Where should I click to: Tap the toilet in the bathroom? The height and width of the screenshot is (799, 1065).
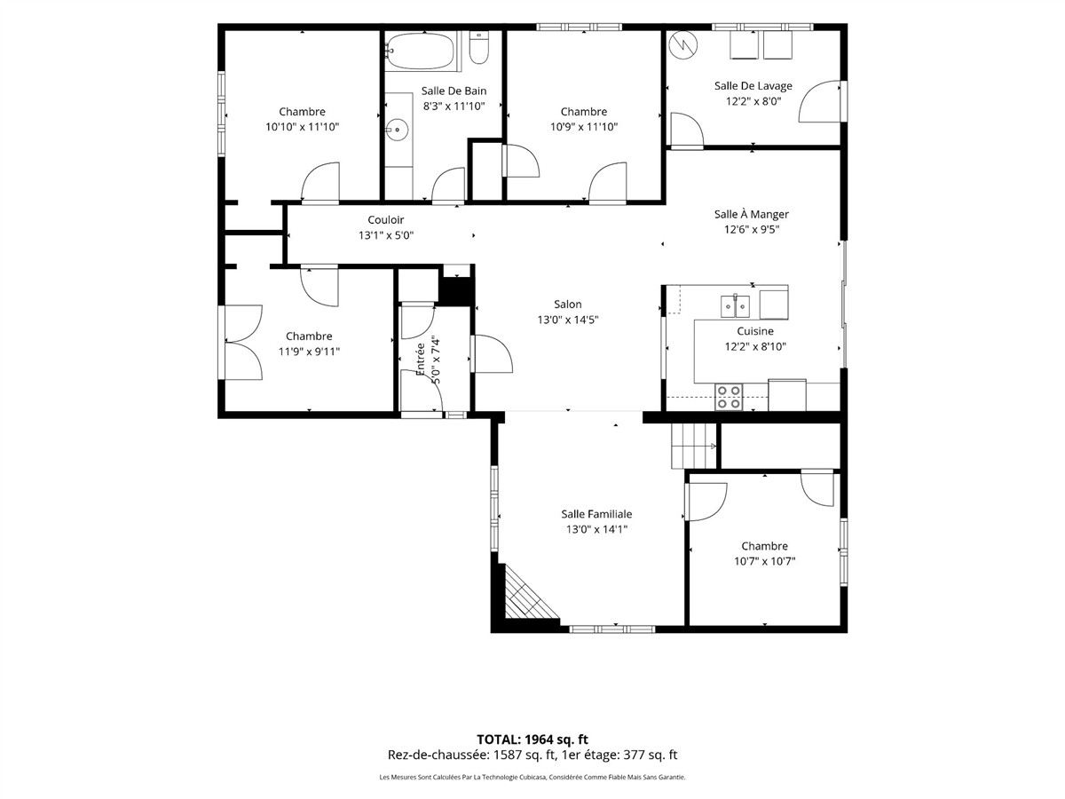(479, 48)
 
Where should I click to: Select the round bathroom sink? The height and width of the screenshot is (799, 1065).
(397, 130)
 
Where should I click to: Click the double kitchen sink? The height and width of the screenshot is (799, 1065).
(735, 306)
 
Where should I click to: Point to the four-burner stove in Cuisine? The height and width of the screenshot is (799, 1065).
(729, 397)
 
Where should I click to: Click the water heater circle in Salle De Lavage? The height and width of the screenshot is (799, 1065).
(683, 45)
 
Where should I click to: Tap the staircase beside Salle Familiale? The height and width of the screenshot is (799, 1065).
(694, 446)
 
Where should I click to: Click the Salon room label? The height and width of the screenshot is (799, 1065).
(568, 305)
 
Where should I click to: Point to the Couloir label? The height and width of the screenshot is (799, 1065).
(386, 220)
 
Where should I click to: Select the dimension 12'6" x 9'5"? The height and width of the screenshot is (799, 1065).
(752, 229)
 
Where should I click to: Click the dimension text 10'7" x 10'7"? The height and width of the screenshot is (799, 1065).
(765, 561)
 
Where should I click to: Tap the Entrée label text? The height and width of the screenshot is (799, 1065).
(421, 360)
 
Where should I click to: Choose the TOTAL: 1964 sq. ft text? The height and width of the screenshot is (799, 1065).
(532, 740)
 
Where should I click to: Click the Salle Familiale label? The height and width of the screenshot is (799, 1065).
(596, 514)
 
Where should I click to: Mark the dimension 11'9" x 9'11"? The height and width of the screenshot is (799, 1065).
(309, 352)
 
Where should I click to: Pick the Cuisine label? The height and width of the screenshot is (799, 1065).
(755, 331)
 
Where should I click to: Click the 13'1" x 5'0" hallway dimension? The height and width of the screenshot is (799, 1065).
(386, 235)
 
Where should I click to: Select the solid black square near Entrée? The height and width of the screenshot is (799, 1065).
(456, 290)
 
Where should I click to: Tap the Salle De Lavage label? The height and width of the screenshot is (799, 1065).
(753, 86)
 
